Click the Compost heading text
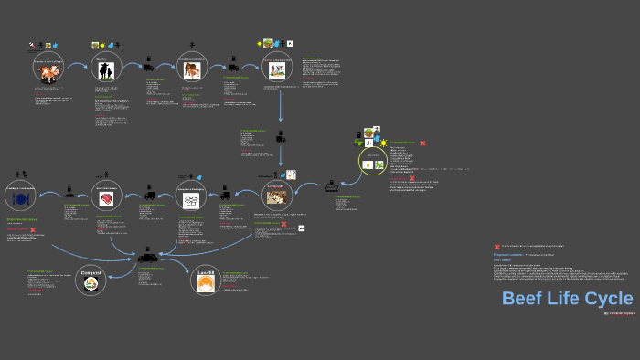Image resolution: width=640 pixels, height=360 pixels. (91, 272)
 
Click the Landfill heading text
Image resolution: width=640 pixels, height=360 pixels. (207, 272)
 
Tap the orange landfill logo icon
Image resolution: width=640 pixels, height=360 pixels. (207, 286)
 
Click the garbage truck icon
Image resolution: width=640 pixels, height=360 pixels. (148, 259)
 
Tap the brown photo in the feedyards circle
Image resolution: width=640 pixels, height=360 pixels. (275, 196)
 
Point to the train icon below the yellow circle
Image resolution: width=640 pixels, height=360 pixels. (333, 186)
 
